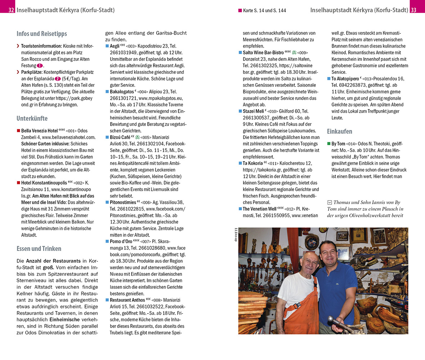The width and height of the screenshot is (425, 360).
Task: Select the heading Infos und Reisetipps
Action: coord(42,34)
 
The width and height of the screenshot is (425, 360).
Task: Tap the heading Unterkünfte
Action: coord(32,118)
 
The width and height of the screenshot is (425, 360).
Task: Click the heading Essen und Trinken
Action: coord(39,248)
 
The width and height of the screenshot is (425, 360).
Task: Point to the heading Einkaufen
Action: coord(340,131)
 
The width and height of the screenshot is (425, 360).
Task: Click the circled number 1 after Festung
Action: coord(40,66)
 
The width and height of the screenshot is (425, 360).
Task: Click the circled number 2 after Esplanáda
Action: coord(58,79)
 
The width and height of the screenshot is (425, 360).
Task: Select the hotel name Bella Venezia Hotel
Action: coord(39,131)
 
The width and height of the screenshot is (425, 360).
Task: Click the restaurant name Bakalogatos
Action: coord(121,92)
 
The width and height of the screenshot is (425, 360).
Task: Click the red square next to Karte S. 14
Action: coord(240,11)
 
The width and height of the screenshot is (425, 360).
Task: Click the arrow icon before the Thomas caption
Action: coord(329,203)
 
